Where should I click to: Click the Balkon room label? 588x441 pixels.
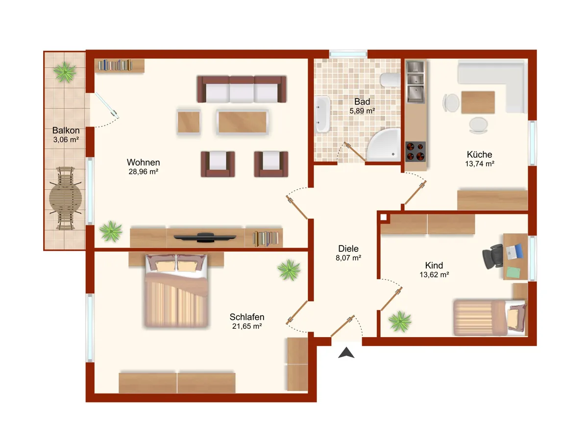point(66,130)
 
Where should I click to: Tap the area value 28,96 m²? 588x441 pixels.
point(143,171)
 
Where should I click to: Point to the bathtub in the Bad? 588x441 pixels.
point(322,114)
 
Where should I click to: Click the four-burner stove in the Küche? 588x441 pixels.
point(415,151)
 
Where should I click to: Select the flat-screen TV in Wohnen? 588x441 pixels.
point(205,238)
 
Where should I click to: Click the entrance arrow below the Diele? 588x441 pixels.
point(346,353)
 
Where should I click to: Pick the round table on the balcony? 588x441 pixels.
point(66,198)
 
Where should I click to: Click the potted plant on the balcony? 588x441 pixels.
point(65,72)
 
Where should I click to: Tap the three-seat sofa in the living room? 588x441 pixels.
point(242,89)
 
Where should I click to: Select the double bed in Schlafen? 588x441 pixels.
point(176,291)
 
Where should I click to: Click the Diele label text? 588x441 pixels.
point(348,248)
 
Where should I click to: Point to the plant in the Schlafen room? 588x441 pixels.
point(289,269)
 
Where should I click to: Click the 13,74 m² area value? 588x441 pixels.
point(480,164)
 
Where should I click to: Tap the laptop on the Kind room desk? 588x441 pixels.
point(514,251)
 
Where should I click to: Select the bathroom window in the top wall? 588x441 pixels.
point(348,54)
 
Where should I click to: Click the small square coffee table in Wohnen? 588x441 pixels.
point(189,122)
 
